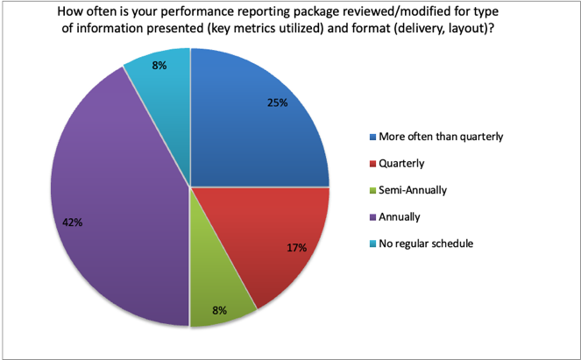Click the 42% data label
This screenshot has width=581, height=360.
(x=72, y=222)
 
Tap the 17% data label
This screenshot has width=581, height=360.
(x=297, y=248)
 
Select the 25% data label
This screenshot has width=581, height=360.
(x=278, y=102)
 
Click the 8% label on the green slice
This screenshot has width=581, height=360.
(x=219, y=310)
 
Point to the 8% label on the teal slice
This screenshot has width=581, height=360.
(x=159, y=66)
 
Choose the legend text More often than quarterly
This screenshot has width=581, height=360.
(x=441, y=137)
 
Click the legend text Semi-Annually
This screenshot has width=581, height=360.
(x=413, y=190)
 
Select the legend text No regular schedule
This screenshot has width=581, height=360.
(x=426, y=244)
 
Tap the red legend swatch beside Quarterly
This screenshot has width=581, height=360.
(x=372, y=164)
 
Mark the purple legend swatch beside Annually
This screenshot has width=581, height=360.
(x=372, y=217)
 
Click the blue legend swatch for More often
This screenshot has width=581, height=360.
(x=372, y=137)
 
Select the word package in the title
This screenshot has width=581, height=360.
(x=318, y=12)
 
